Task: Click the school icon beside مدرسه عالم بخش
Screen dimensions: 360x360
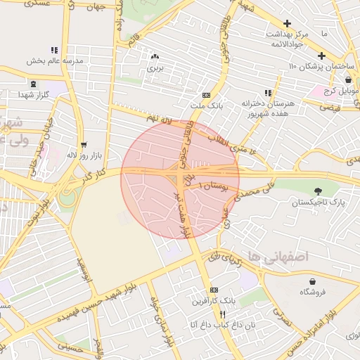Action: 53,50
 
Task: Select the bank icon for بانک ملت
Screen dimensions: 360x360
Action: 206,94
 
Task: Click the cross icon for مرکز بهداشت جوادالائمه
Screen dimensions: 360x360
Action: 287,23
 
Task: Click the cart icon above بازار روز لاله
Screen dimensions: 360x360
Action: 84,143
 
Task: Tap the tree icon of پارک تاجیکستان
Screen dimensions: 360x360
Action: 319,191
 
